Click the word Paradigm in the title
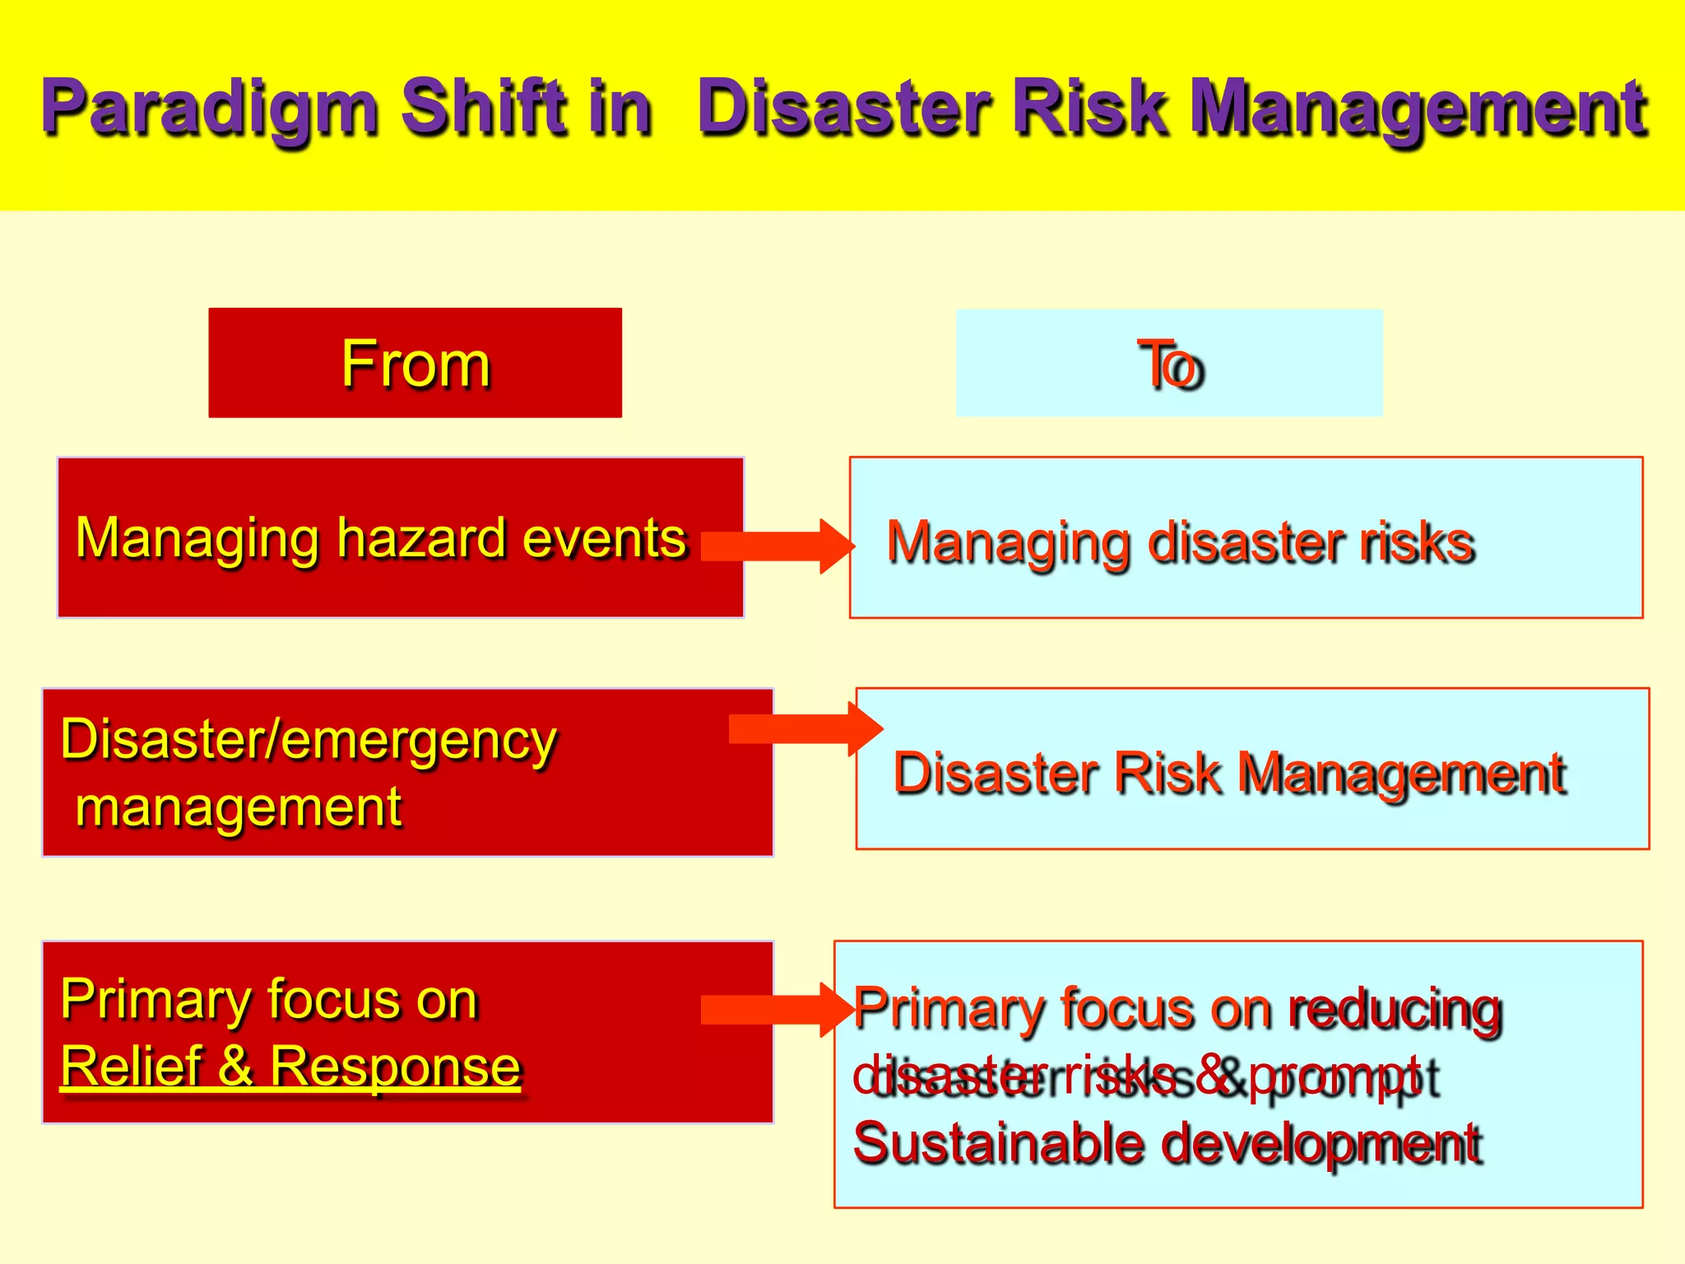pos(210,107)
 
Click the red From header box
pos(415,363)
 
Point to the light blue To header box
pos(1169,363)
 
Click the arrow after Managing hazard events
pos(778,546)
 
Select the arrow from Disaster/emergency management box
pos(806,728)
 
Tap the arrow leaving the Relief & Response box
pos(778,1009)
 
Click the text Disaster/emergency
pos(309,740)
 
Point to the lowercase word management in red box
pos(239,807)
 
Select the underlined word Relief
pos(131,1066)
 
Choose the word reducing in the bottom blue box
pos(1395,1009)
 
